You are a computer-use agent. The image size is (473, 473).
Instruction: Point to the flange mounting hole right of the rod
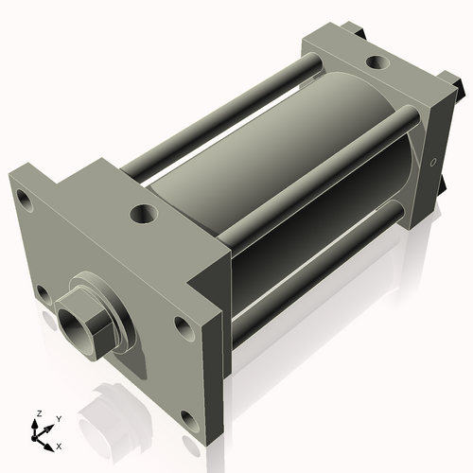[x=182, y=326]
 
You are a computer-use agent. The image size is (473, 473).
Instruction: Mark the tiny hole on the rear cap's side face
[x=433, y=162]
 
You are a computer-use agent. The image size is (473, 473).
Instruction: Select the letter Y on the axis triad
[x=58, y=418]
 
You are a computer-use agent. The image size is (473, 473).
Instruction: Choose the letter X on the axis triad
[x=59, y=445]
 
